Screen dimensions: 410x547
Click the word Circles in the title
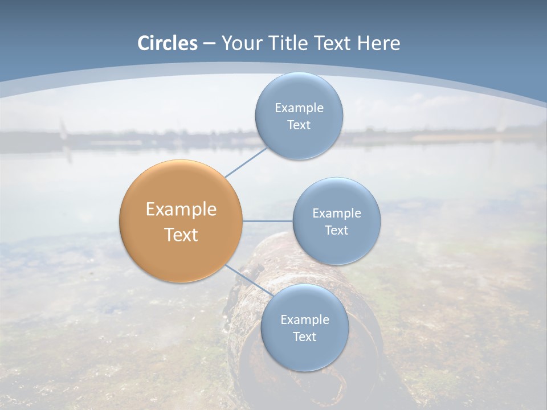[x=168, y=43]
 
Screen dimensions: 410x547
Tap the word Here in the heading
[x=378, y=43]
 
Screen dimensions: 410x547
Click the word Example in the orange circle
[x=181, y=210]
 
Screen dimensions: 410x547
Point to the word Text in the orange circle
[x=181, y=235]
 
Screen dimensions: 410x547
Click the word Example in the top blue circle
[x=299, y=108]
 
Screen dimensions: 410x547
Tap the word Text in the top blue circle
[x=299, y=125]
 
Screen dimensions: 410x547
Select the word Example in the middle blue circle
[x=337, y=214]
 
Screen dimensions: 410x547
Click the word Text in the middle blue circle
[x=337, y=230]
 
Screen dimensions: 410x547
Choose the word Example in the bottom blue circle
[x=304, y=320]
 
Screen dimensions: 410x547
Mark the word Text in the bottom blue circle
[x=304, y=337]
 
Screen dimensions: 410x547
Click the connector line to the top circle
[x=246, y=162]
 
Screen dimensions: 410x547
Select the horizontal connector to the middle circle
[x=268, y=221]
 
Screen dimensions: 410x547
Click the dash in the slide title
[x=209, y=44]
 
